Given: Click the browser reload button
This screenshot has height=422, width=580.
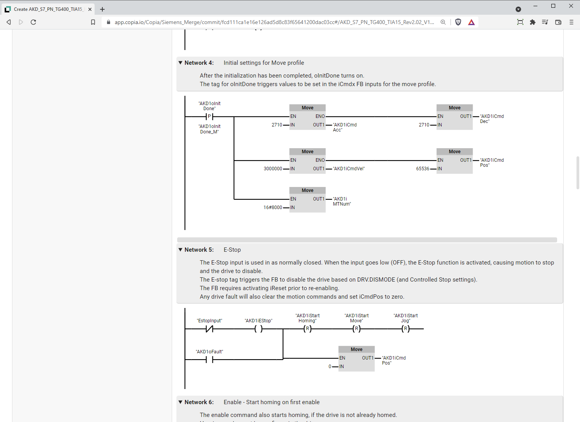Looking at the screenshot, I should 33,22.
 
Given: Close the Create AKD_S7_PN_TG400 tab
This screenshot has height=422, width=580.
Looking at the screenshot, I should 90,9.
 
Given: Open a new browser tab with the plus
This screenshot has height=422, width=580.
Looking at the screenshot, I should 102,9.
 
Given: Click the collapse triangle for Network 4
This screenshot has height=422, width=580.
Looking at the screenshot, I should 180,63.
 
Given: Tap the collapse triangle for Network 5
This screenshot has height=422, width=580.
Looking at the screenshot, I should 180,250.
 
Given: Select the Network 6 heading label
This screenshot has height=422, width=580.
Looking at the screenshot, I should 199,402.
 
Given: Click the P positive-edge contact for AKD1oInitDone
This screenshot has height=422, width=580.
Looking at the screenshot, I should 209,116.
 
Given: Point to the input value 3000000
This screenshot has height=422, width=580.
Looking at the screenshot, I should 273,169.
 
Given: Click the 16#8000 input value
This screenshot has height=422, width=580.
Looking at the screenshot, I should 273,208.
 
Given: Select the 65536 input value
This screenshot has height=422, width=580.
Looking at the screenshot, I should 423,169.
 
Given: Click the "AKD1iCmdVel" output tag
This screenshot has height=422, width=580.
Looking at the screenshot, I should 349,169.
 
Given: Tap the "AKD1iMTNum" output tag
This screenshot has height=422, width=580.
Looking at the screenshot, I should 342,201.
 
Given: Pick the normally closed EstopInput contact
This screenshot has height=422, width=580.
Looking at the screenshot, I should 209,329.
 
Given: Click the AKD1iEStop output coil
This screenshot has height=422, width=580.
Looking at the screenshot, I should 259,329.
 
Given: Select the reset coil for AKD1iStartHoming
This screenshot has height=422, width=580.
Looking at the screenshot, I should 307,329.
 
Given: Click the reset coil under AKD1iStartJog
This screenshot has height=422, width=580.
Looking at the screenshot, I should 406,329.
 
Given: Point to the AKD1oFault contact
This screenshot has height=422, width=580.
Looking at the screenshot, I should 209,360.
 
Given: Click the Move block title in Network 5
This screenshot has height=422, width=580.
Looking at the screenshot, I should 357,349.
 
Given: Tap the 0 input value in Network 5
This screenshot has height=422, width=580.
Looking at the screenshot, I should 330,367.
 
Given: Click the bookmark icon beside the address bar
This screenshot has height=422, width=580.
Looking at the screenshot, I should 93,22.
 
